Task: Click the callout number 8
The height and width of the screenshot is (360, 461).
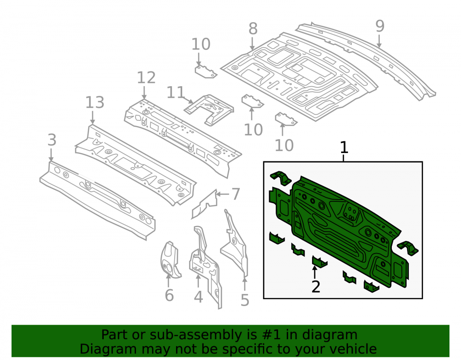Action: [253, 29]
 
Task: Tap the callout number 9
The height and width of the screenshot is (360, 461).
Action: [379, 26]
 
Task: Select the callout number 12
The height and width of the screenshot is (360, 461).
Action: [146, 78]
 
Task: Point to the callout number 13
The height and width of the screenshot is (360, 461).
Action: [95, 103]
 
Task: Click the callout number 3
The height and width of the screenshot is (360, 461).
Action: [52, 140]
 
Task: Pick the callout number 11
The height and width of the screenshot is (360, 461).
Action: [176, 93]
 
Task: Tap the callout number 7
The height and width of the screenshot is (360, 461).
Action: [236, 194]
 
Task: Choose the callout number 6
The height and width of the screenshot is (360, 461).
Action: [169, 295]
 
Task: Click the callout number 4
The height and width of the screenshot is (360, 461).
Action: [198, 297]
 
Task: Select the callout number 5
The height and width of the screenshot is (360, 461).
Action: [245, 300]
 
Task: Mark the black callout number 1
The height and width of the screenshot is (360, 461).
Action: [344, 148]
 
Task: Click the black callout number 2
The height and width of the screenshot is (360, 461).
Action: [316, 287]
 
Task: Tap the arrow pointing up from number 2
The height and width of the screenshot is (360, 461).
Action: [314, 272]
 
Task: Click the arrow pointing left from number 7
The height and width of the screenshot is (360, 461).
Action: [223, 194]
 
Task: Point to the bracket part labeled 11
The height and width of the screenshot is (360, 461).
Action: [209, 110]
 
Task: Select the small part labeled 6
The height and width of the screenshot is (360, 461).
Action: [170, 260]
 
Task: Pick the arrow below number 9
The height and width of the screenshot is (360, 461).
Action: [379, 41]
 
